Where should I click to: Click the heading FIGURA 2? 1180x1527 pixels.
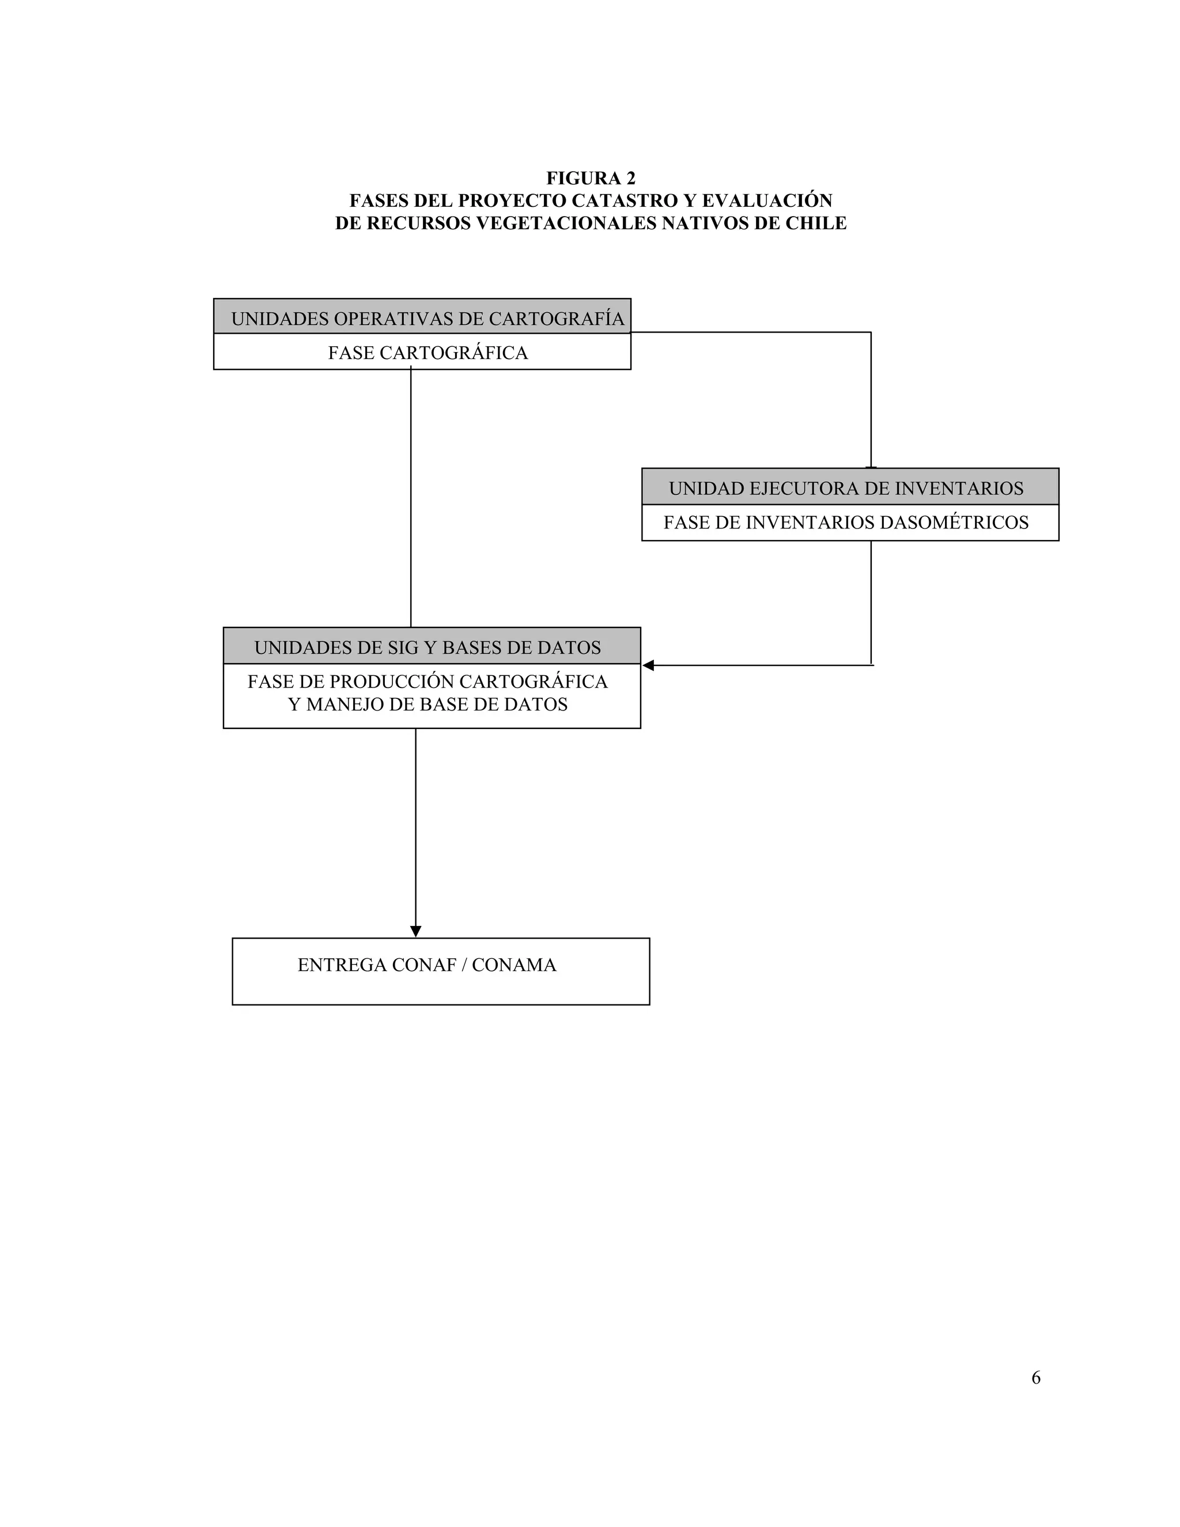click(x=590, y=178)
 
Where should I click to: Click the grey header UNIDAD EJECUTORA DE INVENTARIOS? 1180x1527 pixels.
click(x=846, y=489)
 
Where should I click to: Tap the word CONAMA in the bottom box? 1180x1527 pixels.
click(x=514, y=965)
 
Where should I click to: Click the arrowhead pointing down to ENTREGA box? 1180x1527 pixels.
click(x=415, y=931)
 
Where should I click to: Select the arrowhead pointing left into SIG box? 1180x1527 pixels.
click(x=648, y=666)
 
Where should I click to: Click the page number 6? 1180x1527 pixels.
click(x=1035, y=1377)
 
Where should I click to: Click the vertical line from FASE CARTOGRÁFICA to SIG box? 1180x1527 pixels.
click(x=410, y=496)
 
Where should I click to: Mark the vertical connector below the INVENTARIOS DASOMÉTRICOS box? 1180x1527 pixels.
click(x=871, y=601)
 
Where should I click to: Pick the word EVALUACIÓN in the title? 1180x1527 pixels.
click(x=767, y=201)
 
